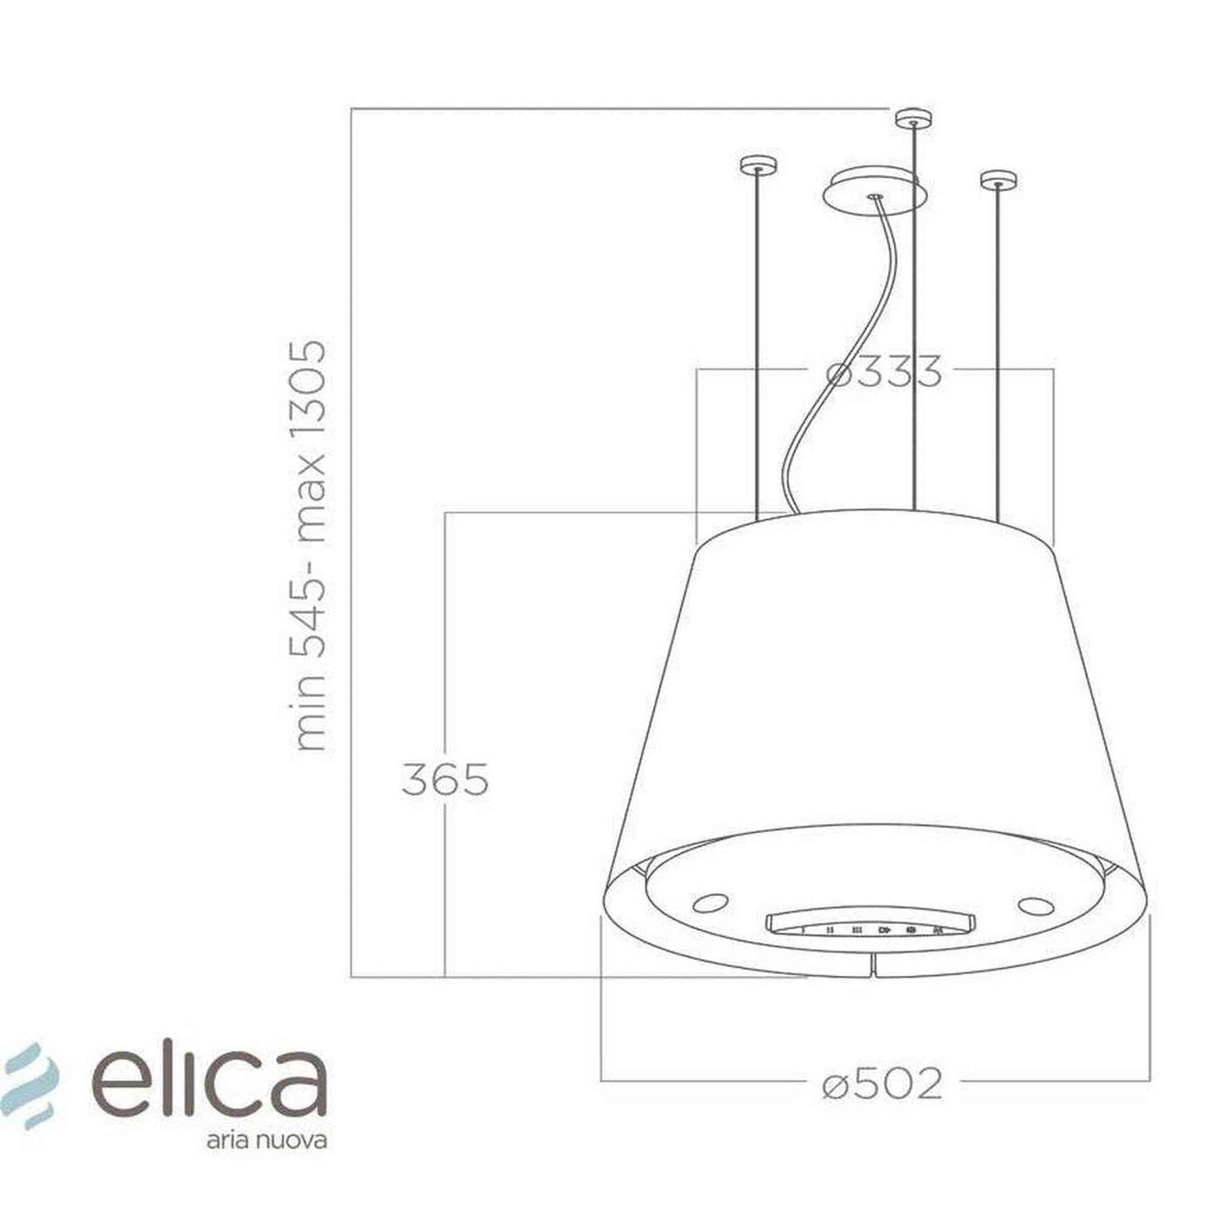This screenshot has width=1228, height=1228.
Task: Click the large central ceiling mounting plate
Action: pyautogui.click(x=875, y=193)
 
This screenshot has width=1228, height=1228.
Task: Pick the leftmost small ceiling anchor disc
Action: pyautogui.click(x=759, y=166)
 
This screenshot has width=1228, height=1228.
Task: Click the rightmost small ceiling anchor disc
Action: pyautogui.click(x=998, y=180)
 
